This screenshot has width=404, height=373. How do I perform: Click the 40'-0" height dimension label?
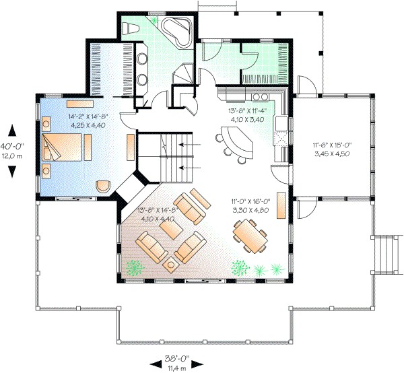pos(13,145)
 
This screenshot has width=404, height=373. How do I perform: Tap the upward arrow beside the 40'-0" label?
pos(11,129)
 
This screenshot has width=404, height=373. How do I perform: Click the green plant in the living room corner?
pos(135,267)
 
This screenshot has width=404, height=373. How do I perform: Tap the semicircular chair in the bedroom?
pos(103,184)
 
